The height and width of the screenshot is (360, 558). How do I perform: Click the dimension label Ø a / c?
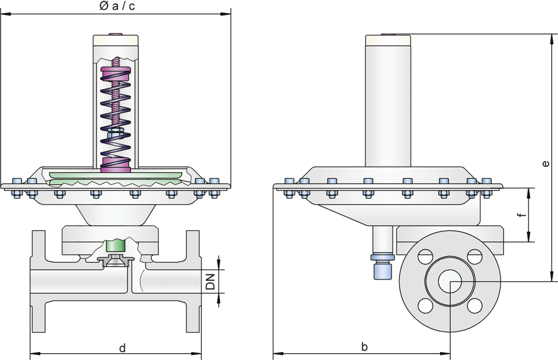pyautogui.click(x=117, y=6)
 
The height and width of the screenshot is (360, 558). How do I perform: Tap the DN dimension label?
pyautogui.click(x=211, y=281)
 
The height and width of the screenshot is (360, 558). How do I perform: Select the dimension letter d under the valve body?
pyautogui.click(x=123, y=347)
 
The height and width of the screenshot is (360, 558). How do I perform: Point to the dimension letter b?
pyautogui.click(x=364, y=346)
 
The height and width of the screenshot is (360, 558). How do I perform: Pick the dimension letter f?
pyautogui.click(x=522, y=215)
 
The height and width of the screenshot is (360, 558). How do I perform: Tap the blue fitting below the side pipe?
pyautogui.click(x=383, y=266)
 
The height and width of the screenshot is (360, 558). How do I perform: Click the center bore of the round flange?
pyautogui.click(x=450, y=281)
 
